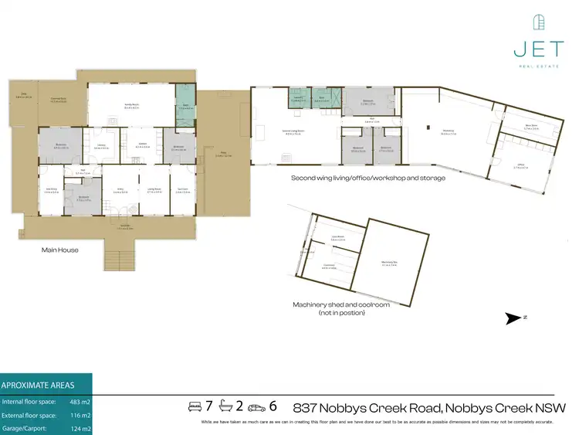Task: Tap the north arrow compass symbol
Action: (513, 318)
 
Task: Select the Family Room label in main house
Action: (130, 107)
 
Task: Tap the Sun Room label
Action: (183, 190)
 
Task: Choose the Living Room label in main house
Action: (154, 190)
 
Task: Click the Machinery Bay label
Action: (392, 265)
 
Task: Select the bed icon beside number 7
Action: (195, 406)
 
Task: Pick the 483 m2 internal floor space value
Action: (80, 403)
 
